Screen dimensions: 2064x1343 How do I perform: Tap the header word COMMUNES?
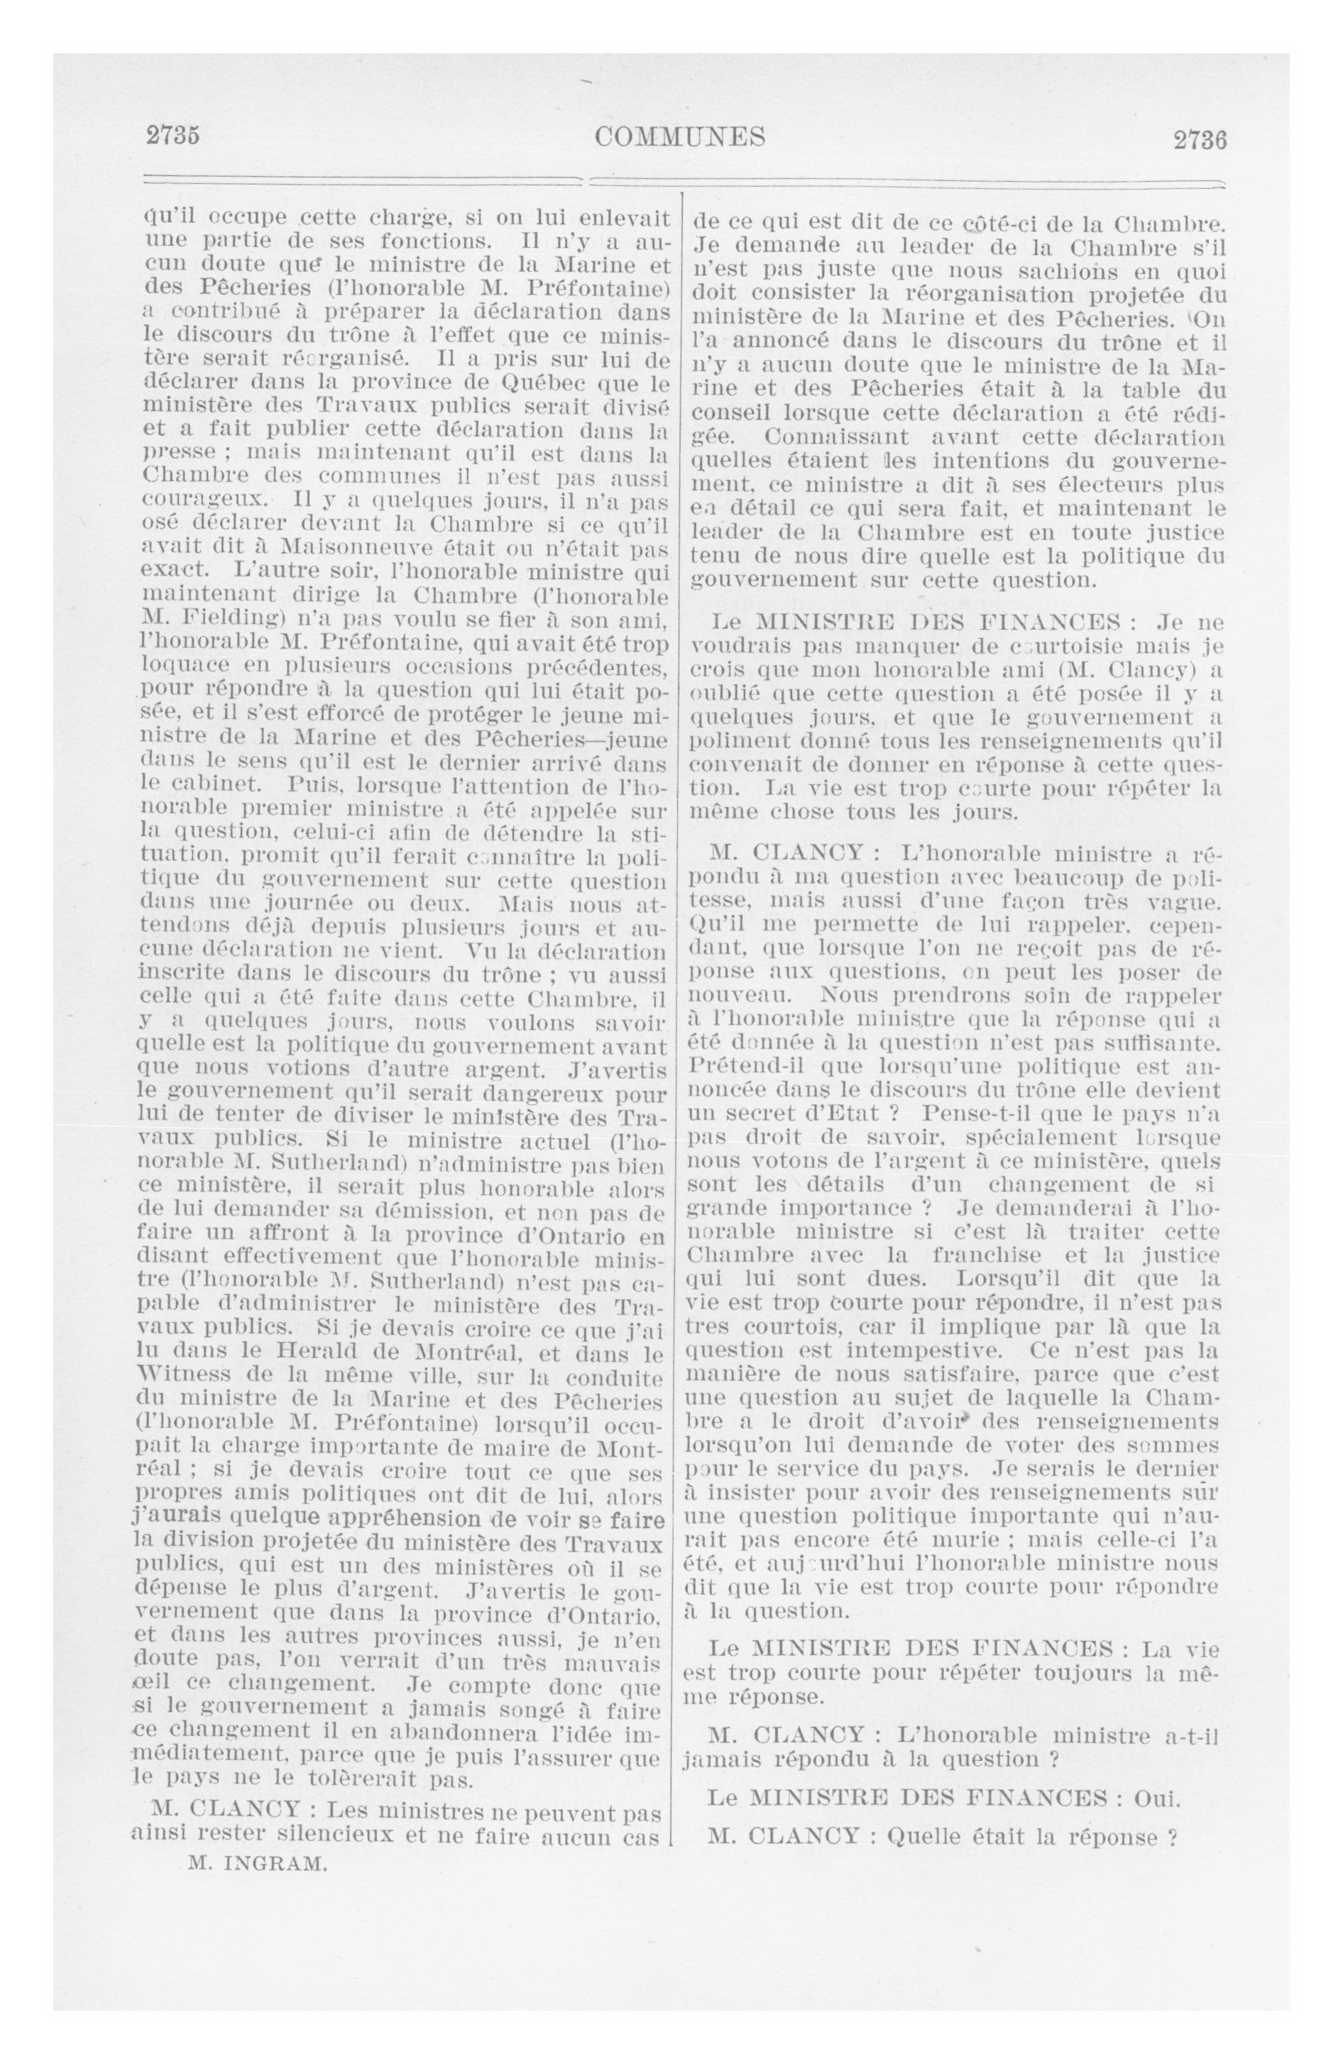coord(680,136)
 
